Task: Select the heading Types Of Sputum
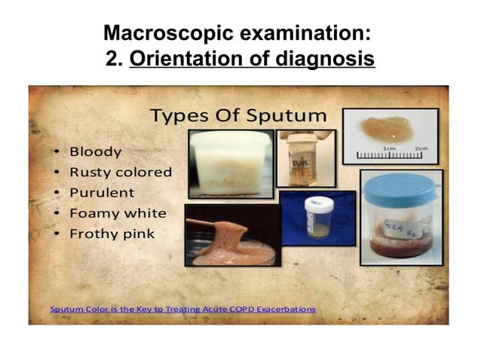(237, 115)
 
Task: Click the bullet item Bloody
(95, 151)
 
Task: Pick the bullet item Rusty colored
(121, 172)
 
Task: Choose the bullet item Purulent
(102, 192)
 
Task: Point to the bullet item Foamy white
(118, 212)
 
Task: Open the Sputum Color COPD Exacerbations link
(182, 309)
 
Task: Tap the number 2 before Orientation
(113, 57)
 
